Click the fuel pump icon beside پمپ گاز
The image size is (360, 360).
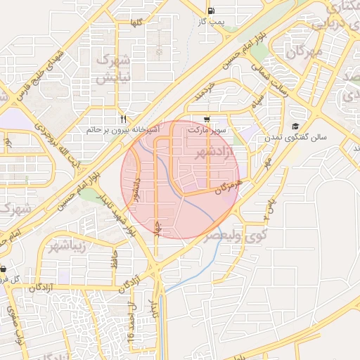(212, 11)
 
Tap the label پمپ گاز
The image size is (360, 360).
(210, 22)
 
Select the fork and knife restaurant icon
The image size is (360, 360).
(124, 119)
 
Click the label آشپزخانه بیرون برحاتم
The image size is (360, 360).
(123, 129)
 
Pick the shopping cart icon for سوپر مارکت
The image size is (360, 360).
(206, 120)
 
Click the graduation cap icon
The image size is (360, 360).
(295, 126)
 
